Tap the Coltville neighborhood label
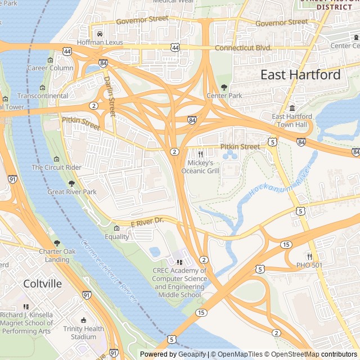[43, 283]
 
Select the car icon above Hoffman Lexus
[100, 34]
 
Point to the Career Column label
[51, 68]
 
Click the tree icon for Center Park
[224, 87]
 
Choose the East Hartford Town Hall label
[292, 120]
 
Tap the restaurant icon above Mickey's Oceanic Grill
[200, 154]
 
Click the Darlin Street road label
[109, 97]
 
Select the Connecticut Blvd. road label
[244, 48]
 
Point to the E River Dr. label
[147, 222]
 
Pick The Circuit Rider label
[56, 168]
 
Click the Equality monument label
[116, 237]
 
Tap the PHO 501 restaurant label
[309, 265]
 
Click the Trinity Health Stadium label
[83, 332]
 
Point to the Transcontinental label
[42, 96]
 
